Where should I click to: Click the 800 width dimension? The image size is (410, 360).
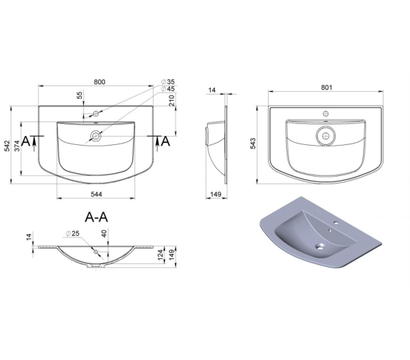[99, 82]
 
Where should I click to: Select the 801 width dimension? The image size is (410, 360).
[327, 88]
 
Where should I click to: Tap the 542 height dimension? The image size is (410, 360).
[7, 146]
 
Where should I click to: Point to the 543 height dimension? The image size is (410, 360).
[253, 144]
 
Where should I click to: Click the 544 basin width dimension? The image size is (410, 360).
[97, 194]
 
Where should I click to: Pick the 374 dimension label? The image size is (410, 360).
[17, 146]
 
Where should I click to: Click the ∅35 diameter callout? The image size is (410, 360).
[168, 82]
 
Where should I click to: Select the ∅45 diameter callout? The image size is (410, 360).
[168, 89]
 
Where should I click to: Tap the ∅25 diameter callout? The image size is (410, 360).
[73, 233]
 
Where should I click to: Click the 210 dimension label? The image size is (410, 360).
[172, 101]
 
